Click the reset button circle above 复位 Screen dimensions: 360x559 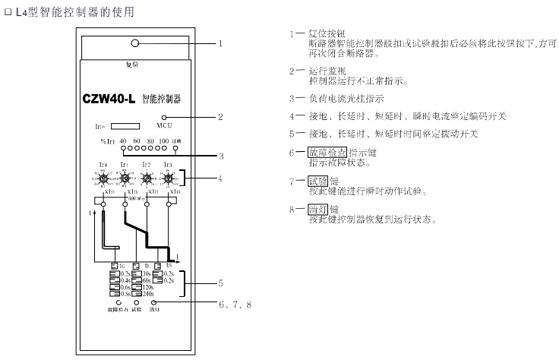click(x=134, y=43)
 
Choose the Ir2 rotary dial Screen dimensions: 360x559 click(x=147, y=179)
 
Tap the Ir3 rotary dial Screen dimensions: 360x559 click(x=168, y=179)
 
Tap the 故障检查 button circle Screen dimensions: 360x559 click(x=119, y=302)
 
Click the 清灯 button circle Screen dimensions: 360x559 click(x=153, y=302)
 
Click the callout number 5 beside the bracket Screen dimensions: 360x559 click(x=220, y=283)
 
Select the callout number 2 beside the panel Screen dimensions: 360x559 click(x=220, y=117)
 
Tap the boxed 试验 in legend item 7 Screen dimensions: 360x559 click(x=318, y=183)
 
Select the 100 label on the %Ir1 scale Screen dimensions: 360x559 click(x=164, y=142)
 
